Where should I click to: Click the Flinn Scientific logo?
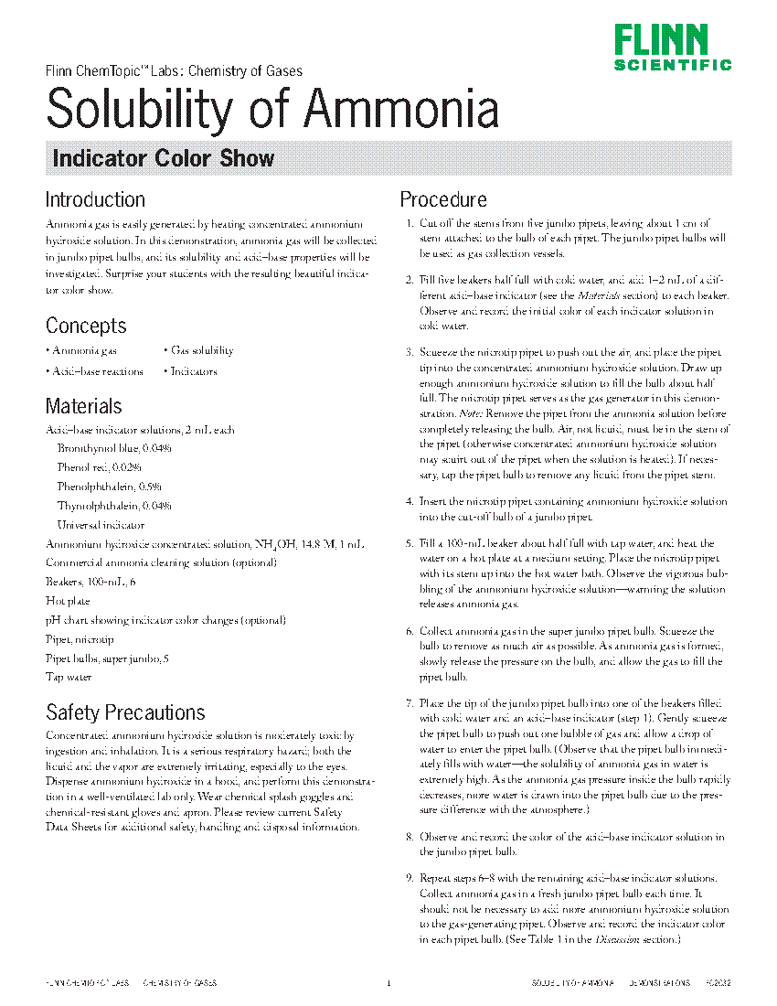(672, 48)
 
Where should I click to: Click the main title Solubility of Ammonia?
(272, 109)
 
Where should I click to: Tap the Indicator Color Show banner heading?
(164, 158)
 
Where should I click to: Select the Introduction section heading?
(95, 199)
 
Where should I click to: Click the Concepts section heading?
(86, 326)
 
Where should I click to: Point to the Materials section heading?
(84, 406)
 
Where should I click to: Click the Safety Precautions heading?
(125, 712)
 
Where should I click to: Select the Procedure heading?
(443, 199)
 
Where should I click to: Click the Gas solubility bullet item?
(201, 350)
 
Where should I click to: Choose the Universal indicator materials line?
(101, 525)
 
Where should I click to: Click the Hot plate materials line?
(68, 601)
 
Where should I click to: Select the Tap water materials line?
(69, 678)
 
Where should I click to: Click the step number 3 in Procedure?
(409, 352)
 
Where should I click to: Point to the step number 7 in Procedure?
(409, 703)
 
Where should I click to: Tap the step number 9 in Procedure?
(409, 878)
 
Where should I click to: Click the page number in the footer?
(388, 983)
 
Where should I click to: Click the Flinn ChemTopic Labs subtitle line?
(174, 70)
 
